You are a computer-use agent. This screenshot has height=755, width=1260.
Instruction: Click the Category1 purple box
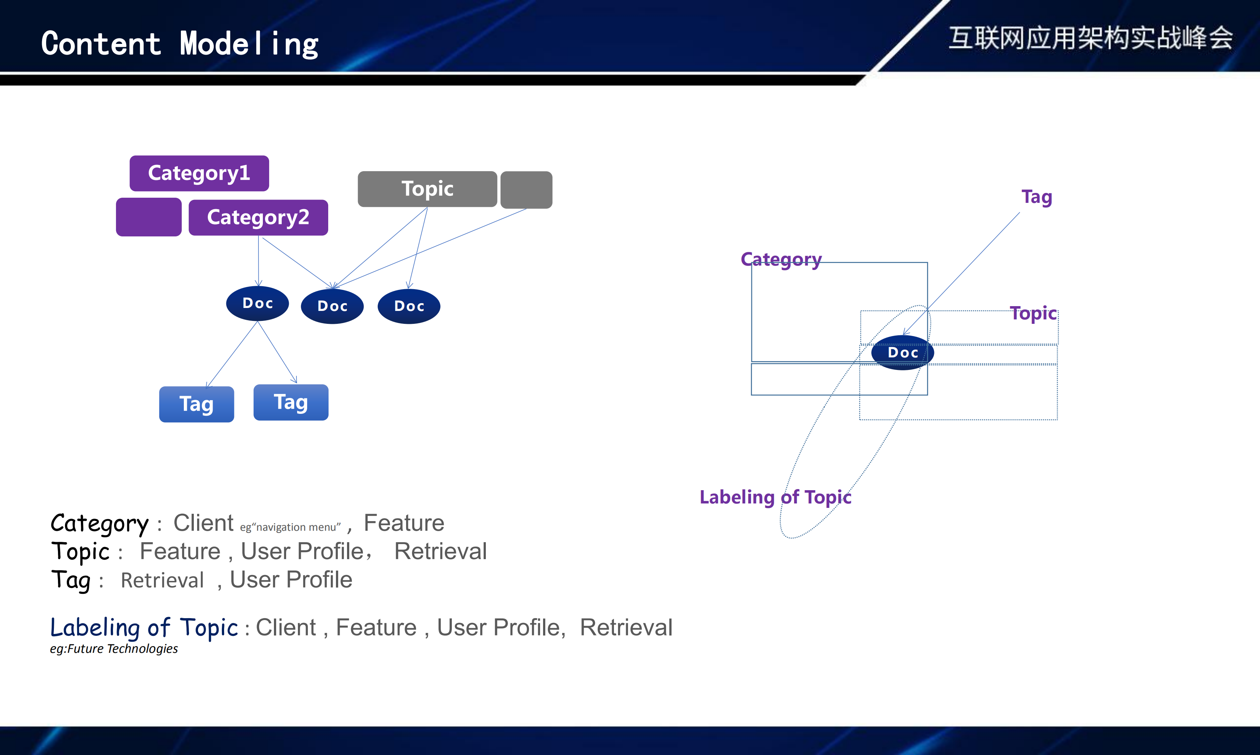[199, 173]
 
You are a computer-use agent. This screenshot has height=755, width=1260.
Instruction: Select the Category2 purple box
[258, 218]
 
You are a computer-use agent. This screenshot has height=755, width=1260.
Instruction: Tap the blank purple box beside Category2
[149, 217]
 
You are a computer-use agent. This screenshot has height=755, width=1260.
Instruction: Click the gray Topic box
[427, 189]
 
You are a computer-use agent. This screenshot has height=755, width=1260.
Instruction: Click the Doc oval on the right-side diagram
[902, 353]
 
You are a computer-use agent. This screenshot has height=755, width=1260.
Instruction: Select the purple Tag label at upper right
[1037, 197]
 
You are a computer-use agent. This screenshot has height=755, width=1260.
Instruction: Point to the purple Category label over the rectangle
[781, 259]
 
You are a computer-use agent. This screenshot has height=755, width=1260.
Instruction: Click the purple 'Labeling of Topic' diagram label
[775, 497]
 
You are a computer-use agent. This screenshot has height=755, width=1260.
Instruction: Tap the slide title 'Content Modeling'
[180, 44]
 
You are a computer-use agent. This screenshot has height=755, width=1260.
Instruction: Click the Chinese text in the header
[1091, 38]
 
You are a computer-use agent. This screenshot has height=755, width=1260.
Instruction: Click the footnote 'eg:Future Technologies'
[114, 649]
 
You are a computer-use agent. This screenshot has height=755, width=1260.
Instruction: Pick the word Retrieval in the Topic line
[440, 551]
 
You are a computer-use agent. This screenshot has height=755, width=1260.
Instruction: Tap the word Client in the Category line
[203, 523]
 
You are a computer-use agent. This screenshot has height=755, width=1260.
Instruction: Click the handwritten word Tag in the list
[71, 580]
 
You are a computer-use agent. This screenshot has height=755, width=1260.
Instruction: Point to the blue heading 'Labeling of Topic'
[144, 628]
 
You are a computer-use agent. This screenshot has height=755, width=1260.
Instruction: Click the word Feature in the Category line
[404, 523]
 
